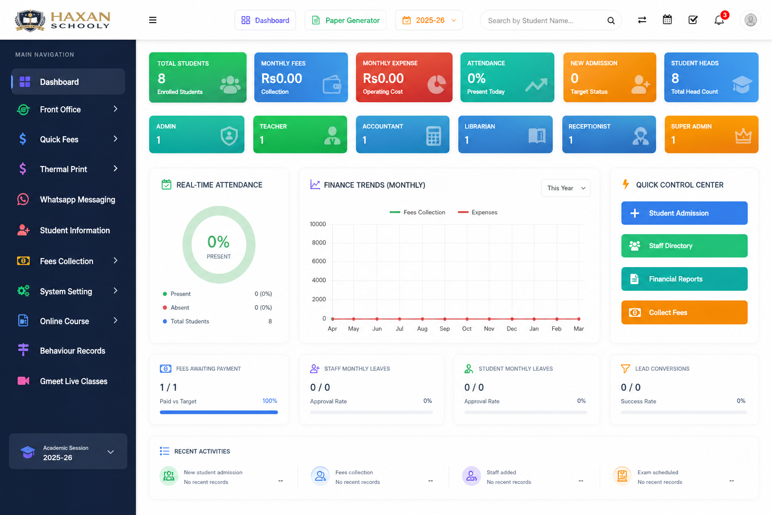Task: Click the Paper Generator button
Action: point(345,20)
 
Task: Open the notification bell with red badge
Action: point(719,20)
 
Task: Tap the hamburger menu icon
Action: point(153,20)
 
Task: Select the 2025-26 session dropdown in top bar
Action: point(429,20)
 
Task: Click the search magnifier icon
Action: point(611,21)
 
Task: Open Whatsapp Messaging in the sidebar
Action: point(77,200)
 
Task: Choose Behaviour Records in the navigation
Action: point(72,351)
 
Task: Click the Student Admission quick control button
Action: point(684,213)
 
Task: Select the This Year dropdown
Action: point(565,188)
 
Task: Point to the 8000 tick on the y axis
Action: point(319,242)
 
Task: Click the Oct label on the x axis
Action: point(467,329)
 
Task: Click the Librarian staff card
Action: point(505,134)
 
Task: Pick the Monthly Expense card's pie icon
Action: point(436,84)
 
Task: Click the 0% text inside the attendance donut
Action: point(219,242)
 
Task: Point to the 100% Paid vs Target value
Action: point(269,401)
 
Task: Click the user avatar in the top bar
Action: point(750,20)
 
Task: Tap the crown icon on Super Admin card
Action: point(743,136)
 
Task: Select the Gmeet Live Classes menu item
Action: point(73,381)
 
